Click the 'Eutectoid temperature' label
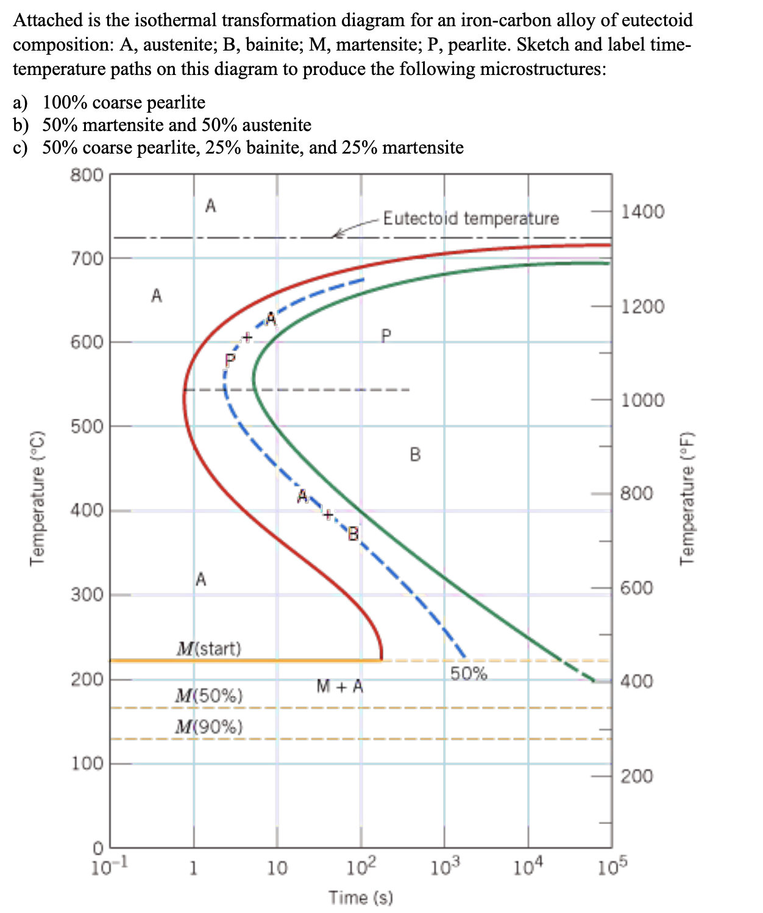click(x=470, y=218)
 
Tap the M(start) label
click(x=209, y=648)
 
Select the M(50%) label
click(x=208, y=695)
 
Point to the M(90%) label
click(x=208, y=726)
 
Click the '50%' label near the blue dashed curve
click(x=469, y=673)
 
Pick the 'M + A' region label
click(x=339, y=687)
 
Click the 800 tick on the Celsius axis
click(x=87, y=176)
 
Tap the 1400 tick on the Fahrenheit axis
click(x=642, y=211)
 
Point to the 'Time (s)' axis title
click(x=361, y=897)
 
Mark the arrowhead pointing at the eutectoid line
click(x=335, y=235)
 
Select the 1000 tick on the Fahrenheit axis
click(x=642, y=400)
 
